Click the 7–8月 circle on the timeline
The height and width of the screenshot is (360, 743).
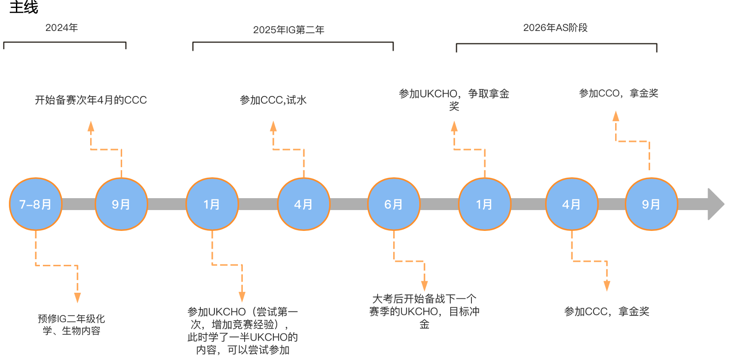point(35,204)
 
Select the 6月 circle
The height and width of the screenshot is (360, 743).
point(394,204)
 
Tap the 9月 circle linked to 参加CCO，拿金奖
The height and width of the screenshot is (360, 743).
point(651,204)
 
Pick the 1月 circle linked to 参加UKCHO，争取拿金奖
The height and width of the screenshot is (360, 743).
point(485,204)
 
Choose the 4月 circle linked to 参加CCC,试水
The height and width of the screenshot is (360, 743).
point(304,204)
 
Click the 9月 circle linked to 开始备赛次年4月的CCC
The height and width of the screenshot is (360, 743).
point(122,204)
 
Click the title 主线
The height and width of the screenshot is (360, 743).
point(24,7)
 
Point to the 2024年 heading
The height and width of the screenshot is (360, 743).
point(61,28)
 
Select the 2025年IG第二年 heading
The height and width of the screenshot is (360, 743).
point(288,30)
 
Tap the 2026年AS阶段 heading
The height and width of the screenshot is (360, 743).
point(555,28)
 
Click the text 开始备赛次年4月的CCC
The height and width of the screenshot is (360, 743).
point(91,100)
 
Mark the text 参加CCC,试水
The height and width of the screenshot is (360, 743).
point(273,100)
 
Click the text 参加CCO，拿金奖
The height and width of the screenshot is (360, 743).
point(618,93)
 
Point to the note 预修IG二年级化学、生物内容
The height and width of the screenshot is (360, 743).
point(71,325)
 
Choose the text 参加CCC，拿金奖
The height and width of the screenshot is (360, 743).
point(606,312)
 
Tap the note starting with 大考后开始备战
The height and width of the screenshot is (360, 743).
point(424,311)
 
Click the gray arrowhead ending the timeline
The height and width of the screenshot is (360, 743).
point(715,204)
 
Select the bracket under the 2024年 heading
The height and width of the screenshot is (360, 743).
point(65,43)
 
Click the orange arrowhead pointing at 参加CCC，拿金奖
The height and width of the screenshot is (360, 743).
point(607,286)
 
